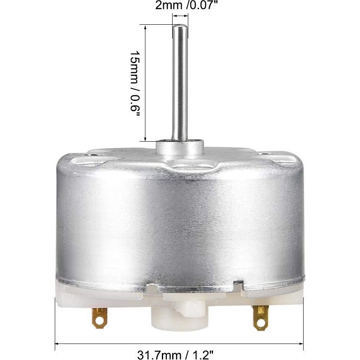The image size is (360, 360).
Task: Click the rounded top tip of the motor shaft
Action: click(180, 27)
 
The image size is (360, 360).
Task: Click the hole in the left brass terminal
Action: click(99, 320)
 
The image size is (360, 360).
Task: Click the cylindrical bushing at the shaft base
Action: click(180, 147)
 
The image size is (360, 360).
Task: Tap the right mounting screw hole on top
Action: click(264, 155)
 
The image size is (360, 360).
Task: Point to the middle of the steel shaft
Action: click(180, 82)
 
